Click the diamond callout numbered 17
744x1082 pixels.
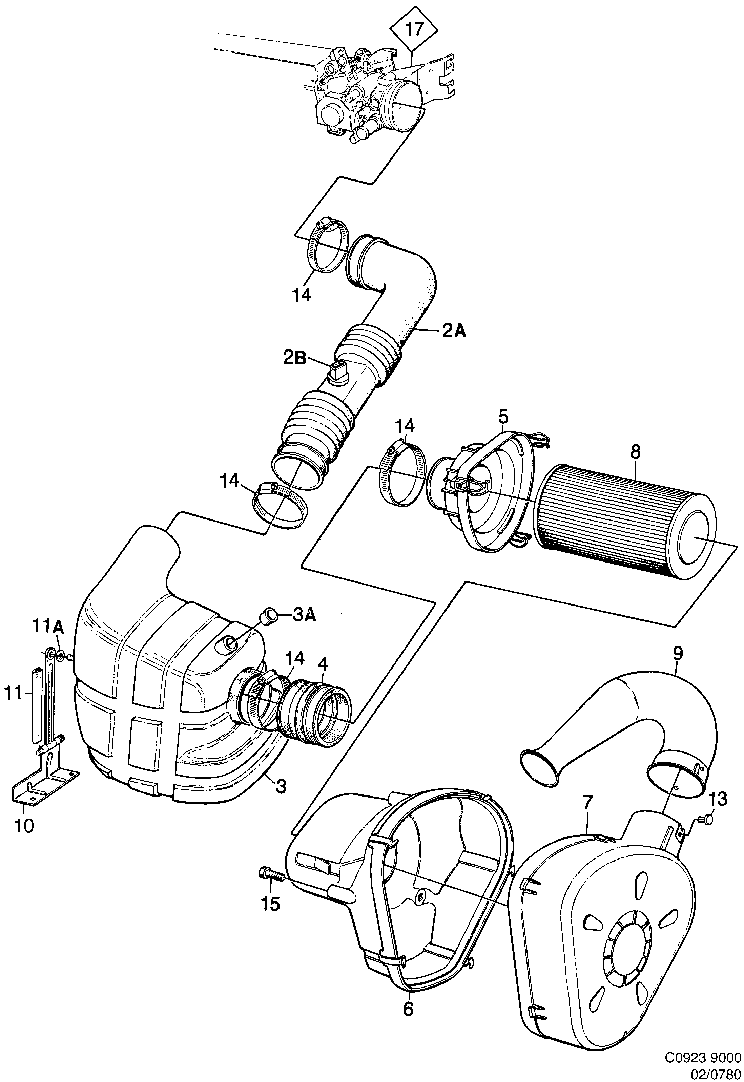pos(414,29)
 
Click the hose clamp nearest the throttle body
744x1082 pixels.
pos(326,249)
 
